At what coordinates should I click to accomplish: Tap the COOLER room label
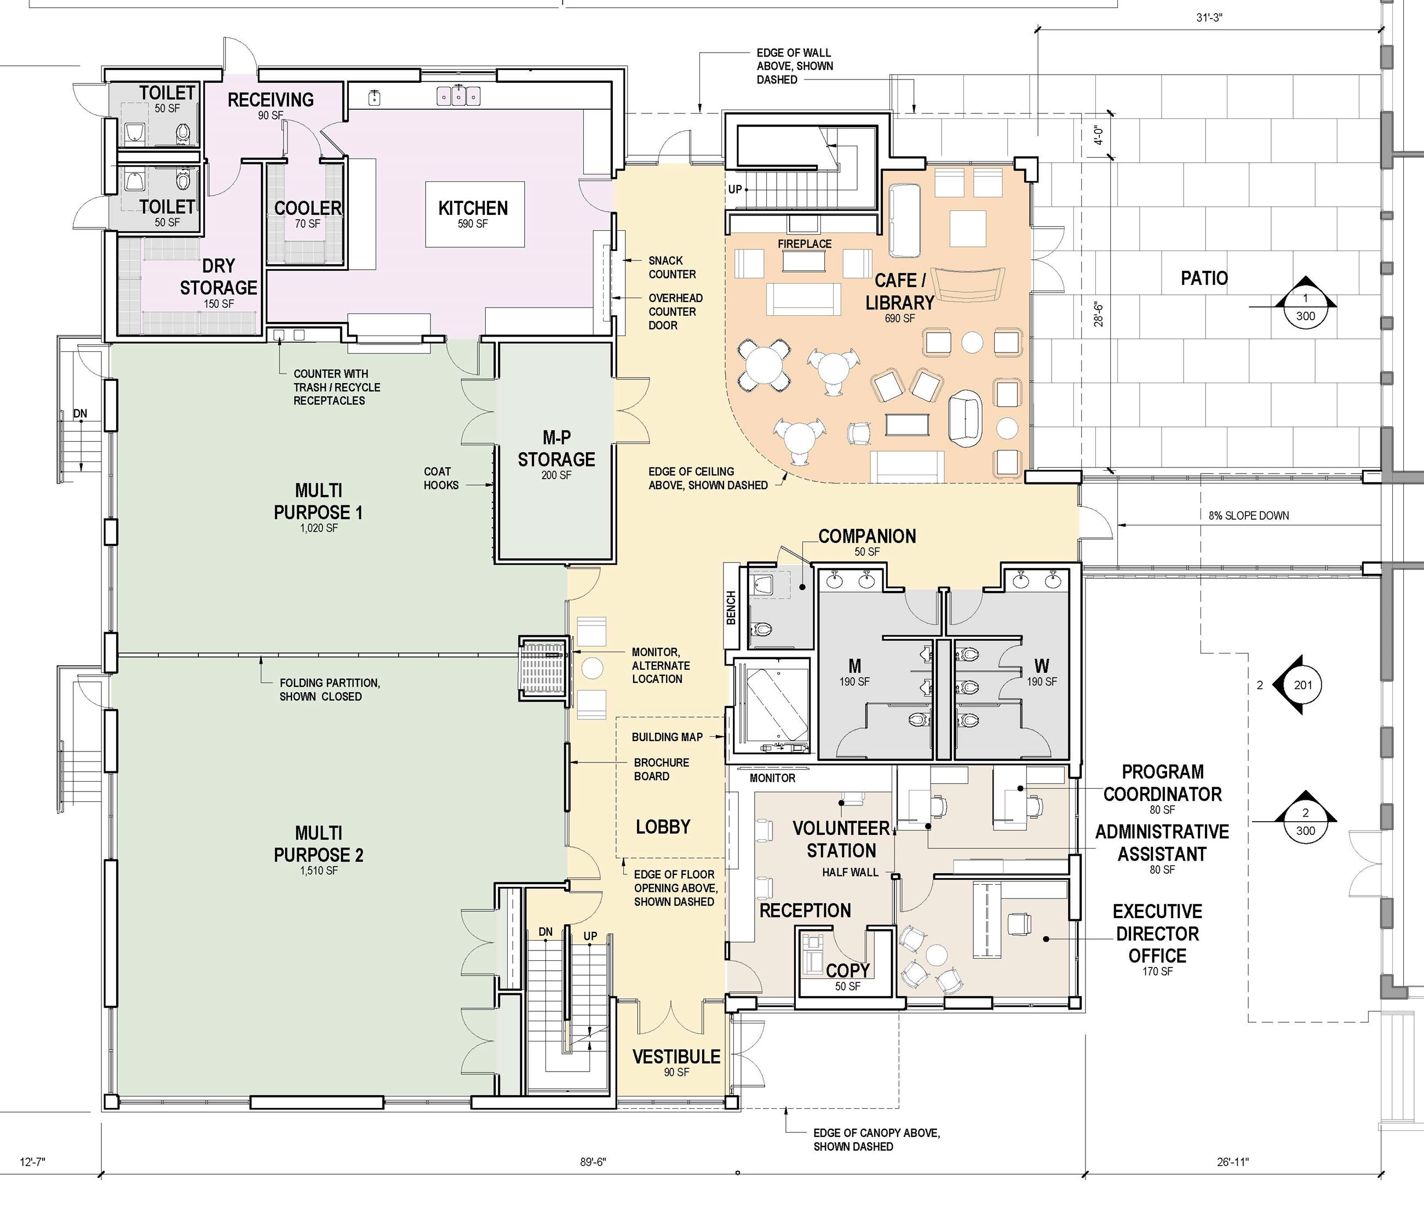pyautogui.click(x=308, y=208)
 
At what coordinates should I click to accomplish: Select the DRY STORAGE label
pyautogui.click(x=219, y=276)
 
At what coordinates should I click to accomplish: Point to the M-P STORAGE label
pyautogui.click(x=556, y=448)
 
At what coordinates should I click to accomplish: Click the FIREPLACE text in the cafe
pyautogui.click(x=805, y=244)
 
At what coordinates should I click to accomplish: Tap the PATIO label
pyautogui.click(x=1204, y=278)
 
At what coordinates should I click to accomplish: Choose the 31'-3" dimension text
pyautogui.click(x=1209, y=18)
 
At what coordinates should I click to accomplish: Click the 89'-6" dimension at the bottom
pyautogui.click(x=593, y=1162)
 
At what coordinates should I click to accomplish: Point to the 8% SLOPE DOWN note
pyautogui.click(x=1249, y=515)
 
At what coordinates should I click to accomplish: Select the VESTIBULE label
pyautogui.click(x=676, y=1056)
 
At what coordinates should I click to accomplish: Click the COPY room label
pyautogui.click(x=847, y=970)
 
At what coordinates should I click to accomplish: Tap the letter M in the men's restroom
pyautogui.click(x=854, y=666)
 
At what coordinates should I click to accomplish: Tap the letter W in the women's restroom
pyautogui.click(x=1041, y=666)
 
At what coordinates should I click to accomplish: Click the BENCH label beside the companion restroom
pyautogui.click(x=731, y=607)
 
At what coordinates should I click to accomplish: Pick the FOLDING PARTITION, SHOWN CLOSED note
pyautogui.click(x=330, y=690)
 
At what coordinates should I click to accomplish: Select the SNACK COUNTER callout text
pyautogui.click(x=672, y=267)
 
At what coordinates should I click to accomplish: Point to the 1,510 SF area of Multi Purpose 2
pyautogui.click(x=319, y=870)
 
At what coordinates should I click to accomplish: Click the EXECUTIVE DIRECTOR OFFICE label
pyautogui.click(x=1157, y=934)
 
